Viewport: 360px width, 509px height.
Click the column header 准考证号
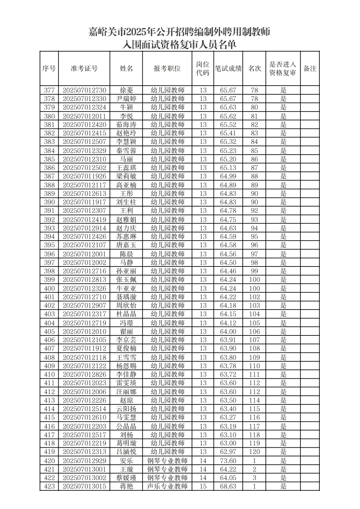click(84, 69)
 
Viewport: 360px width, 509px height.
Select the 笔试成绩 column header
click(228, 69)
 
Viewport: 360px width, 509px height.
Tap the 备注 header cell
click(310, 69)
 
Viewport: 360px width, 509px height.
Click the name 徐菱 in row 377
click(126, 90)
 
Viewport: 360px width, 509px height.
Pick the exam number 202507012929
click(84, 461)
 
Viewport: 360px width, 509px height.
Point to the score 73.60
click(228, 461)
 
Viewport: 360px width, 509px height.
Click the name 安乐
click(126, 461)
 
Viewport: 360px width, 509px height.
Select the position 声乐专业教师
click(167, 486)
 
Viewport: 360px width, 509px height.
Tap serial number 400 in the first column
click(49, 288)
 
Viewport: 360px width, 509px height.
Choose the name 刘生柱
click(126, 202)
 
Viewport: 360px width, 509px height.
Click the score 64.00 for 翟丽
click(228, 331)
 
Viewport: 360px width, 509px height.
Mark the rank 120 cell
click(254, 452)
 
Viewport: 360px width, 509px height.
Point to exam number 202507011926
click(84, 176)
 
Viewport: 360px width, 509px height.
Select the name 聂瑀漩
click(126, 297)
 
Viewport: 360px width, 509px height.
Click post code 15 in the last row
click(203, 486)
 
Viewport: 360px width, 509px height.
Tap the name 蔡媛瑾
click(126, 478)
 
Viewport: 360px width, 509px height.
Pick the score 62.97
click(228, 452)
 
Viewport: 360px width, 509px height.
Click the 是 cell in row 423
click(283, 486)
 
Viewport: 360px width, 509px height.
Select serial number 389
click(49, 194)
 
